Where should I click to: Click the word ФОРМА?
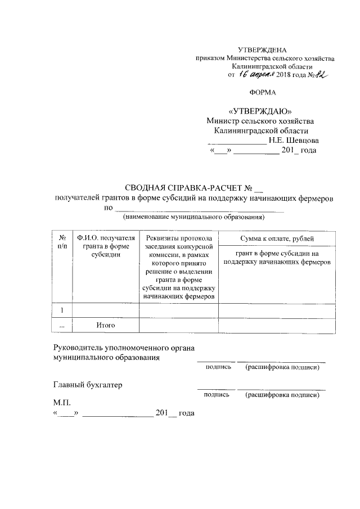pyautogui.click(x=264, y=91)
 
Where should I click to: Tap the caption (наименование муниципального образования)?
pyautogui.click(x=194, y=217)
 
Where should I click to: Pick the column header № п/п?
pyautogui.click(x=62, y=242)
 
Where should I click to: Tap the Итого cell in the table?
pyautogui.click(x=106, y=325)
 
